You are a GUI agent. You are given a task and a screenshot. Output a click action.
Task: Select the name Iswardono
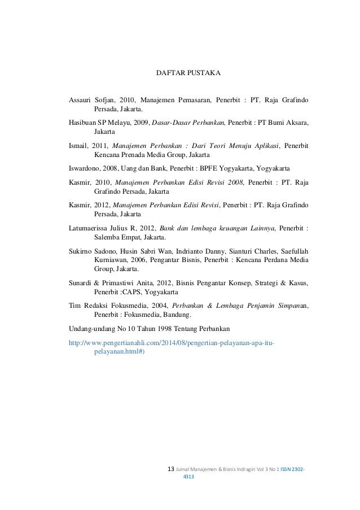click(x=85, y=168)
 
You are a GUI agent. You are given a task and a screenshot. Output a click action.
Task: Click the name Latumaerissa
click(x=91, y=228)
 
